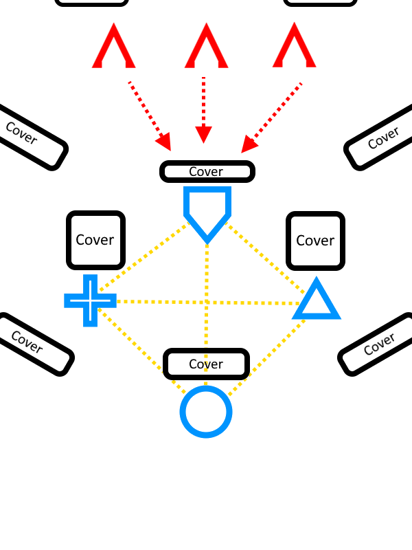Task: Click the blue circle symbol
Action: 206,412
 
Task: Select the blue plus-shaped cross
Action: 90,300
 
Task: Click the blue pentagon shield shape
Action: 207,210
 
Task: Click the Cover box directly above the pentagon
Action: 207,171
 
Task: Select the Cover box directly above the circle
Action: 206,364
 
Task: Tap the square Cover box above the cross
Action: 95,240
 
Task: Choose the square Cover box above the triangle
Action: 315,241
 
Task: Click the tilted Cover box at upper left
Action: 27,136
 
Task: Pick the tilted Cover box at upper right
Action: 382,140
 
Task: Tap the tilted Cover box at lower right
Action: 378,344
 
